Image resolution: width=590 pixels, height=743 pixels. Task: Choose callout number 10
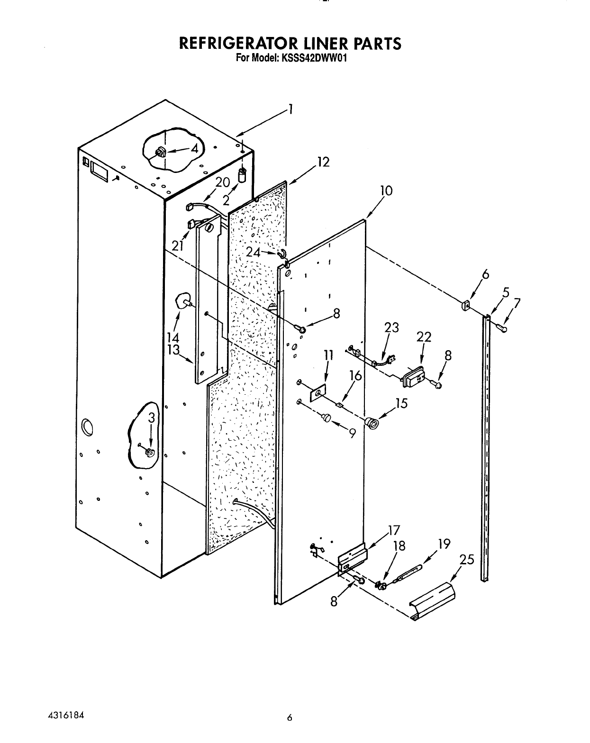click(x=386, y=190)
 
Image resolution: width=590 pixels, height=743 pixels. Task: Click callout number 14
click(x=172, y=337)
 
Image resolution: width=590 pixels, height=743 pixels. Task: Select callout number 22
click(x=424, y=337)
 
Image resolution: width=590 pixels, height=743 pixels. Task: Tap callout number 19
click(x=444, y=544)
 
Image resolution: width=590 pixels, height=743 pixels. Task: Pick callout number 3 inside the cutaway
click(x=151, y=417)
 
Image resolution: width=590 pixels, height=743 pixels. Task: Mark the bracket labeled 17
click(x=353, y=558)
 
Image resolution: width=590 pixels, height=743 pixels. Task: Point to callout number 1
click(x=290, y=110)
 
